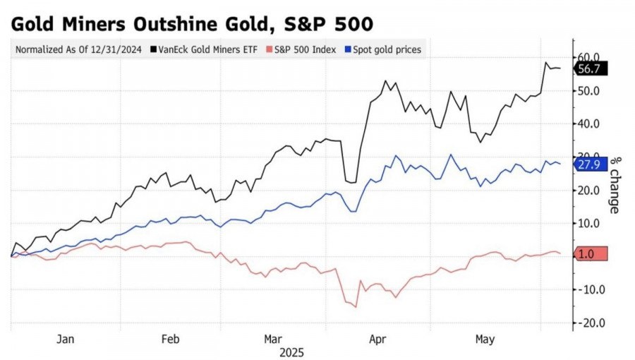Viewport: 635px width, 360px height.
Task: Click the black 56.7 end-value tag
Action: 588,68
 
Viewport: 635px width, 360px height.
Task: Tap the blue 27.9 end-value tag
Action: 588,164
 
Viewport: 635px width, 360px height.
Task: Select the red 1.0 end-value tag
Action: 588,254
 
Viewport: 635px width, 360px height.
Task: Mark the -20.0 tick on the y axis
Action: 588,323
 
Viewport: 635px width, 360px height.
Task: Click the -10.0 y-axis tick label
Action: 588,289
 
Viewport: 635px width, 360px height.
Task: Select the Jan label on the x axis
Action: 65,340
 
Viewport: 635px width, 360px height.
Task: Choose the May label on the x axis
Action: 484,340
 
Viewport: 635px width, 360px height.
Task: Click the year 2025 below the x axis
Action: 291,351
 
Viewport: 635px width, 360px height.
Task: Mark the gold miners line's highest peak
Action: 547,63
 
